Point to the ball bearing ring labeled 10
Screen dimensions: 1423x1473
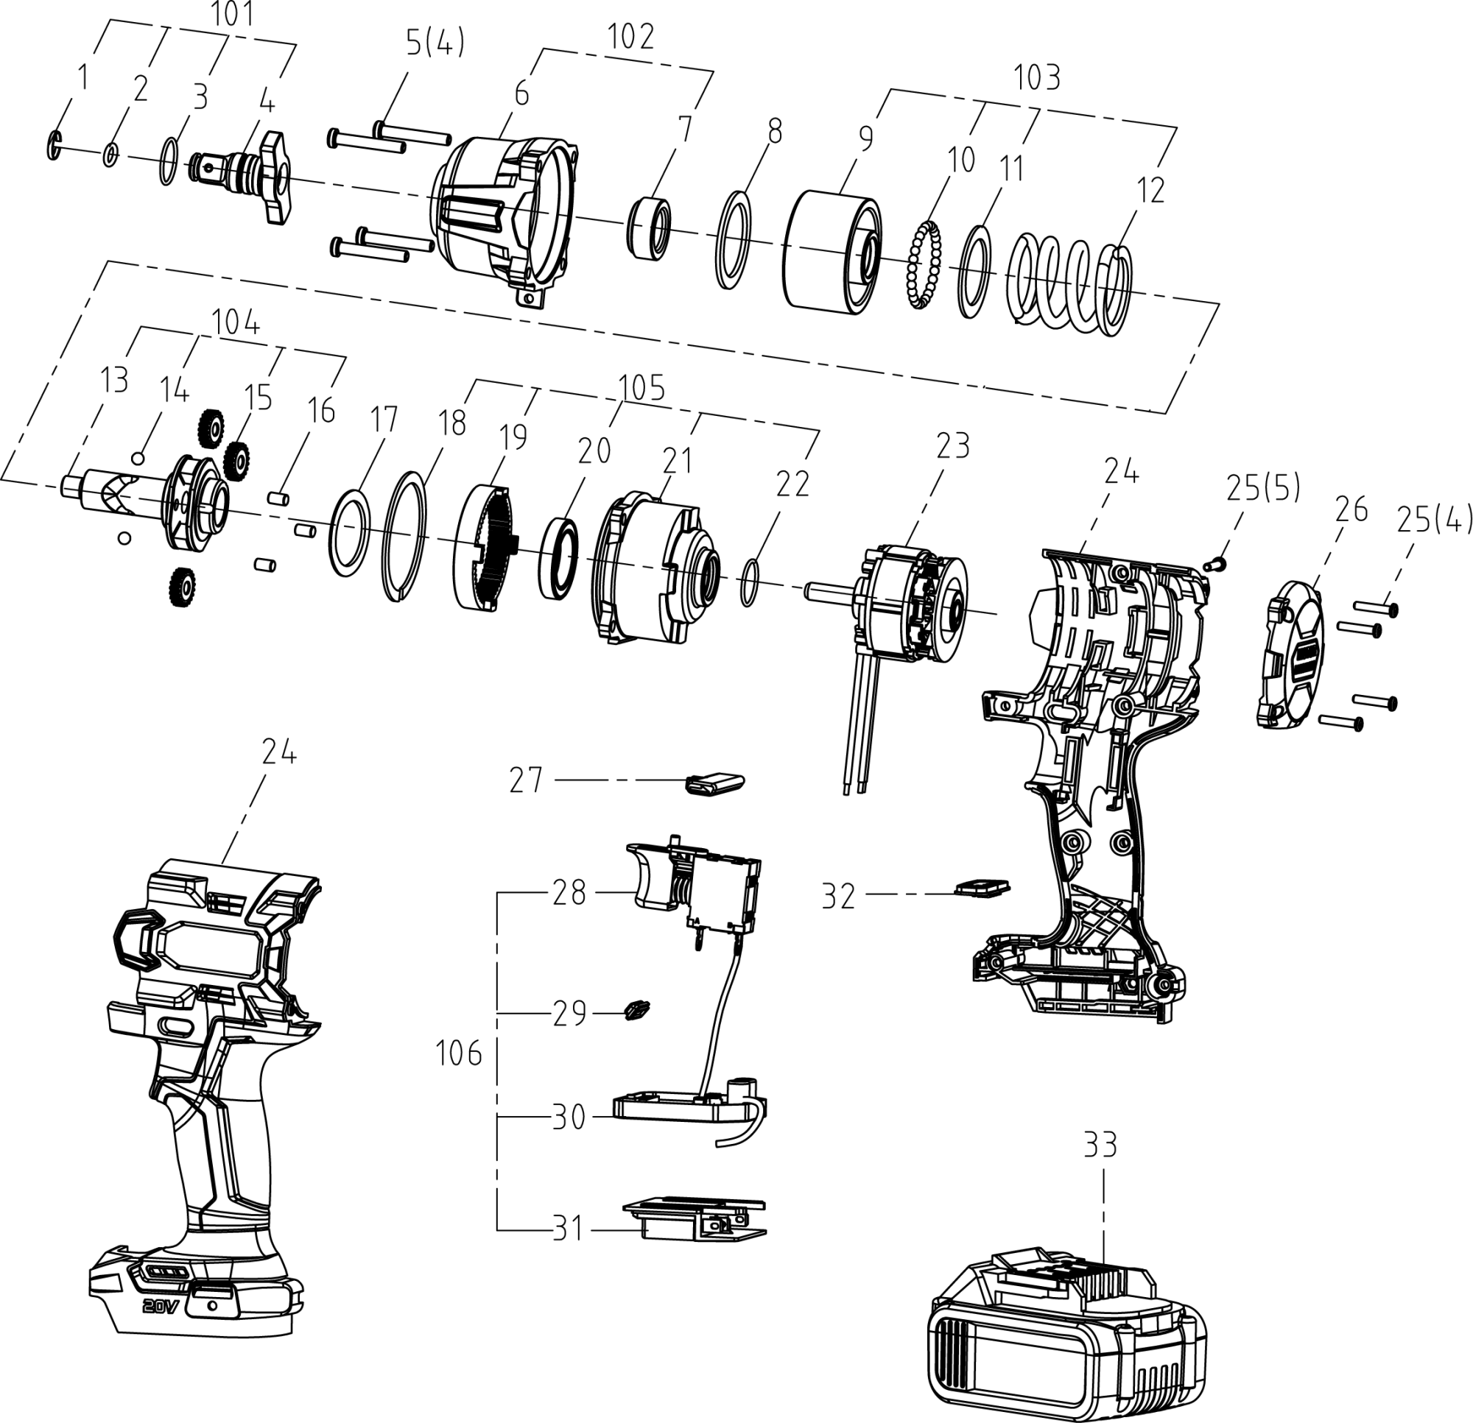(x=924, y=263)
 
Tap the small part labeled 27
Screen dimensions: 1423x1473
(x=714, y=782)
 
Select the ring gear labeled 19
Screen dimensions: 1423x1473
(x=485, y=545)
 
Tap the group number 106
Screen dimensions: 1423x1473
(x=458, y=1054)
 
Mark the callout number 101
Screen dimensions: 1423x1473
(x=232, y=14)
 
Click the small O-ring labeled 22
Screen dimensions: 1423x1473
(x=749, y=582)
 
